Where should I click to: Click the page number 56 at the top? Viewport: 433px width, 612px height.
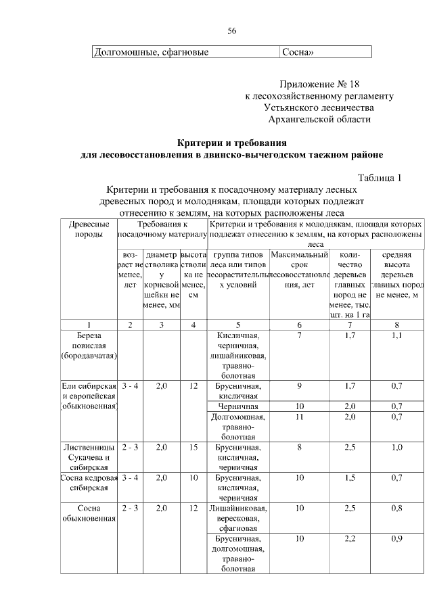click(231, 31)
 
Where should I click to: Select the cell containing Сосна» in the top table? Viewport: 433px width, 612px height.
click(298, 52)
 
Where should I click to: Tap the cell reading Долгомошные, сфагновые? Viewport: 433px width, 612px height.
click(150, 52)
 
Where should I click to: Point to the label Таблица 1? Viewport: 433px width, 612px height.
click(380, 178)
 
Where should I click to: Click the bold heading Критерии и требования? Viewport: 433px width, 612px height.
click(231, 143)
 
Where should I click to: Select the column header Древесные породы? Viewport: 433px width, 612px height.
click(89, 229)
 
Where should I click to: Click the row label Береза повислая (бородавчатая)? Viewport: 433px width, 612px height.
click(89, 345)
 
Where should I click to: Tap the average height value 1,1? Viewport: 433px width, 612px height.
click(396, 335)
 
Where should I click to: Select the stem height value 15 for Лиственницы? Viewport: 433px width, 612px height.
click(193, 447)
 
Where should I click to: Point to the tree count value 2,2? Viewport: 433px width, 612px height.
click(350, 539)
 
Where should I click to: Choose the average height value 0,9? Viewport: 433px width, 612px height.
click(396, 539)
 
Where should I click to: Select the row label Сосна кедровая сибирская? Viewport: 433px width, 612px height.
click(89, 481)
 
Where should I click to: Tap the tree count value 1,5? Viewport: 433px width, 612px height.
click(350, 477)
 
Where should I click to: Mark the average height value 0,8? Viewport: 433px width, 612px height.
click(396, 508)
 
